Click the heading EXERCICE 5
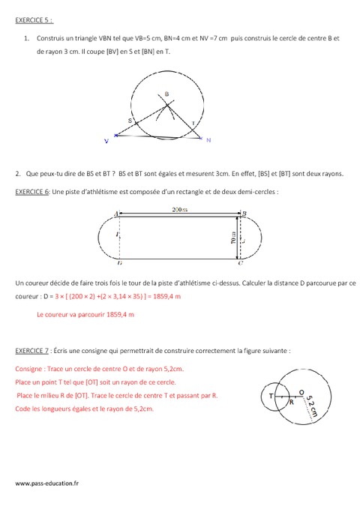34,20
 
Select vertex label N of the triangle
208,140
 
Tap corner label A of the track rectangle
118,214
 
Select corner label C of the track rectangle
240,264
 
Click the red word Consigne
28,369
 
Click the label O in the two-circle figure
301,391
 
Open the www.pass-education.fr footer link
46,484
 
